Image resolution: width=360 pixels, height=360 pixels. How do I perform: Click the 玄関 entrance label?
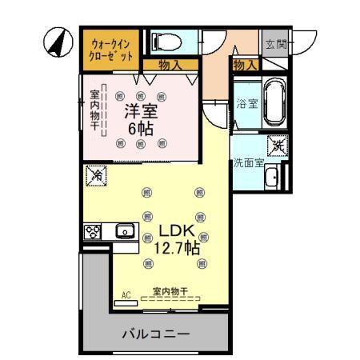point(275,43)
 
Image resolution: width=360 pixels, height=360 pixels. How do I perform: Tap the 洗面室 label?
point(249,162)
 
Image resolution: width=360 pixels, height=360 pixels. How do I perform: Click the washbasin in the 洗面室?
point(271,178)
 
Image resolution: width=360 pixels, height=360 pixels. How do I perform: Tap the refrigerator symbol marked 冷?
point(96,174)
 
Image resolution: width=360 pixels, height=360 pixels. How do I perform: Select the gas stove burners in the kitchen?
point(91,232)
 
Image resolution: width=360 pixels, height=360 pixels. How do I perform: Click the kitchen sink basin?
point(124,232)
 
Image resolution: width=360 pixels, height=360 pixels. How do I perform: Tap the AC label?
point(126,295)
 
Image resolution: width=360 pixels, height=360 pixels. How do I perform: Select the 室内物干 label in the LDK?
point(170,291)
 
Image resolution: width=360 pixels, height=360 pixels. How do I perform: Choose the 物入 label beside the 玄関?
point(244,65)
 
